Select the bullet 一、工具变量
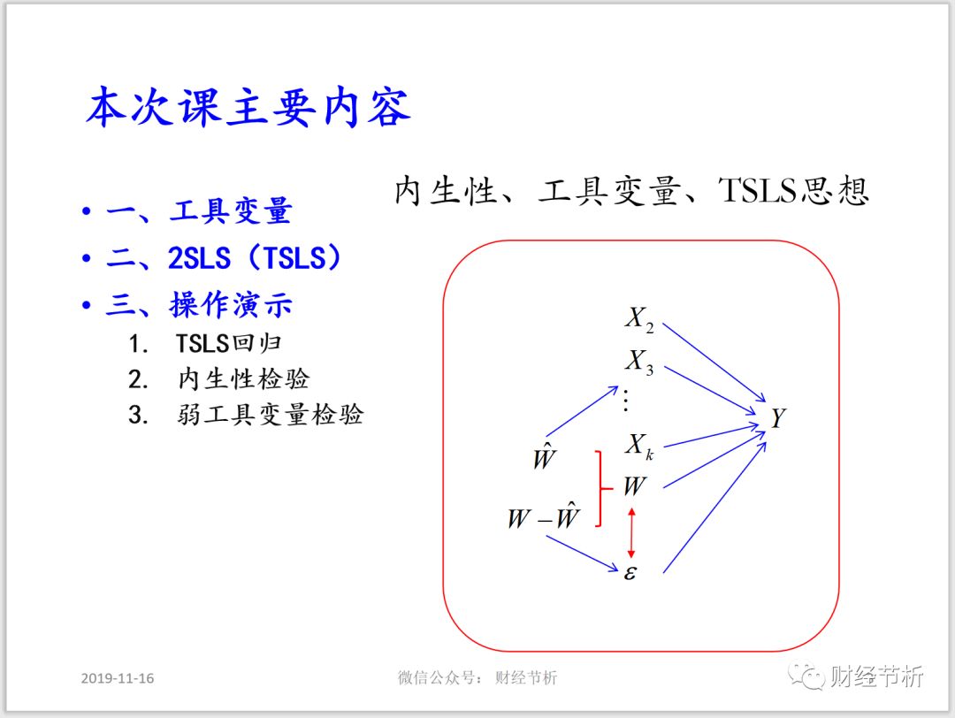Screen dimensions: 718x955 (198, 212)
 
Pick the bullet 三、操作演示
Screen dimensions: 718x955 (199, 305)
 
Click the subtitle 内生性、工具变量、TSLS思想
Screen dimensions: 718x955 (631, 191)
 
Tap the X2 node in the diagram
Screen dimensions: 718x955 (639, 319)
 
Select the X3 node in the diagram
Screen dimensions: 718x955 (639, 363)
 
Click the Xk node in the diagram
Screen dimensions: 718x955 (639, 445)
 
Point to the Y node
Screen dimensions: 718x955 (777, 418)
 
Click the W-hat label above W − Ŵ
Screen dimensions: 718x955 (544, 459)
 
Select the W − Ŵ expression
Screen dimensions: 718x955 (543, 517)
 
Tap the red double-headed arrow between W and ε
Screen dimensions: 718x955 (630, 531)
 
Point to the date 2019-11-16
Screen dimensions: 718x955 (118, 678)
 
